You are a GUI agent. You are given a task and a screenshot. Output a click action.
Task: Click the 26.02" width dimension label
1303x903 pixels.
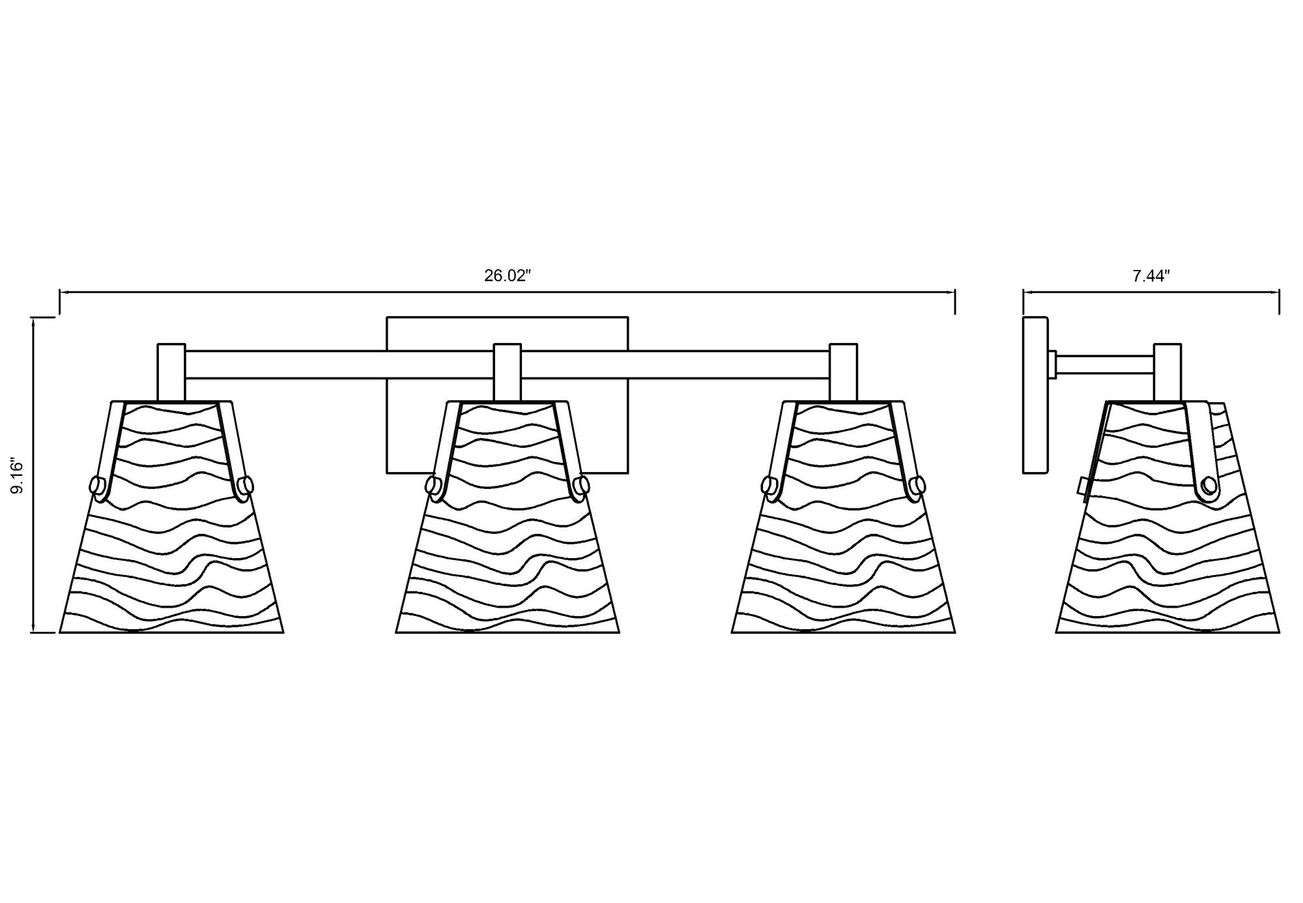pos(508,276)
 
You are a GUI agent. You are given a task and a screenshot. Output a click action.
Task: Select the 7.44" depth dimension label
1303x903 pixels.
pos(1151,276)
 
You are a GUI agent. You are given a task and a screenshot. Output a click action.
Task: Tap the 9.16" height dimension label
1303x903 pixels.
pos(18,477)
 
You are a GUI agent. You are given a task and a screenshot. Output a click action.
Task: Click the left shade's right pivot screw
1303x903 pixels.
pos(246,486)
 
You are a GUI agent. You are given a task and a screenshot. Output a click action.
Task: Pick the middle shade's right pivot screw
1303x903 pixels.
pos(582,486)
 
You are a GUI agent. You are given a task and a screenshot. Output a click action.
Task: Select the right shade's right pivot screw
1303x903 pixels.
pos(917,486)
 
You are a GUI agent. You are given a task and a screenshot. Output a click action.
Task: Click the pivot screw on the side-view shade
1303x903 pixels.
pos(1210,486)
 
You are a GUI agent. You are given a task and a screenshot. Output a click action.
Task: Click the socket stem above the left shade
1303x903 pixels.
pos(171,372)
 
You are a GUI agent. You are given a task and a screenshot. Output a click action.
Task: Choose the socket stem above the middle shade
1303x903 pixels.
pos(508,372)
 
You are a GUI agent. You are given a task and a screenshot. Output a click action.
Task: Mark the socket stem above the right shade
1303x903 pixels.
pos(843,372)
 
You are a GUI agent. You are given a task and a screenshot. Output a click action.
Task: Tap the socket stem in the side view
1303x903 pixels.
pos(1167,372)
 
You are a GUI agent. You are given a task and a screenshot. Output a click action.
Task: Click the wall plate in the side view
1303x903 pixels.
pos(1035,396)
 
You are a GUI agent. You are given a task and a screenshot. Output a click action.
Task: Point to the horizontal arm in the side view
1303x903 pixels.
pos(1105,364)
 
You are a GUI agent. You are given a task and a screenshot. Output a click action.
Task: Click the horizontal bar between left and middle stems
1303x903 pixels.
pos(339,364)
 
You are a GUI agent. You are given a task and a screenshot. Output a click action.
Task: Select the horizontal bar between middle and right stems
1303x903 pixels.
pos(675,364)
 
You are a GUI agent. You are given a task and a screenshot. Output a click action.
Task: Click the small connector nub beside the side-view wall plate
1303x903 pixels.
pos(1052,364)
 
